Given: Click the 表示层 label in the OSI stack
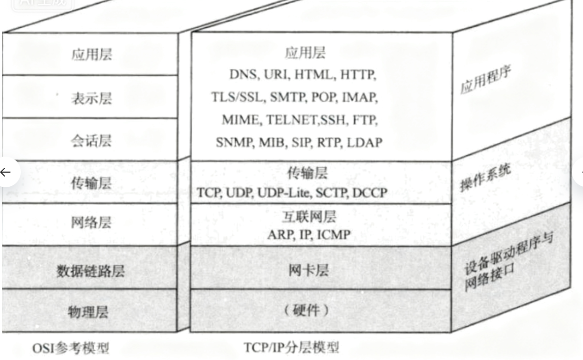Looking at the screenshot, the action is coord(91,98).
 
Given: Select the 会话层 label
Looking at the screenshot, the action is coord(91,140).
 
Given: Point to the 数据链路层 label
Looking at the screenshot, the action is coord(91,271).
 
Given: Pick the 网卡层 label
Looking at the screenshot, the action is coord(308,270).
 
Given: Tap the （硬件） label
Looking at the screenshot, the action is coord(307,310).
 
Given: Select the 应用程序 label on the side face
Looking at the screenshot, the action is coord(485,81).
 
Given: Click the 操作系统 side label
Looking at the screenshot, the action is coord(485,177).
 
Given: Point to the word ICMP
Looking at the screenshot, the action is coord(333,235).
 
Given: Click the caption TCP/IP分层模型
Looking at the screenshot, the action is coord(291,347).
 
